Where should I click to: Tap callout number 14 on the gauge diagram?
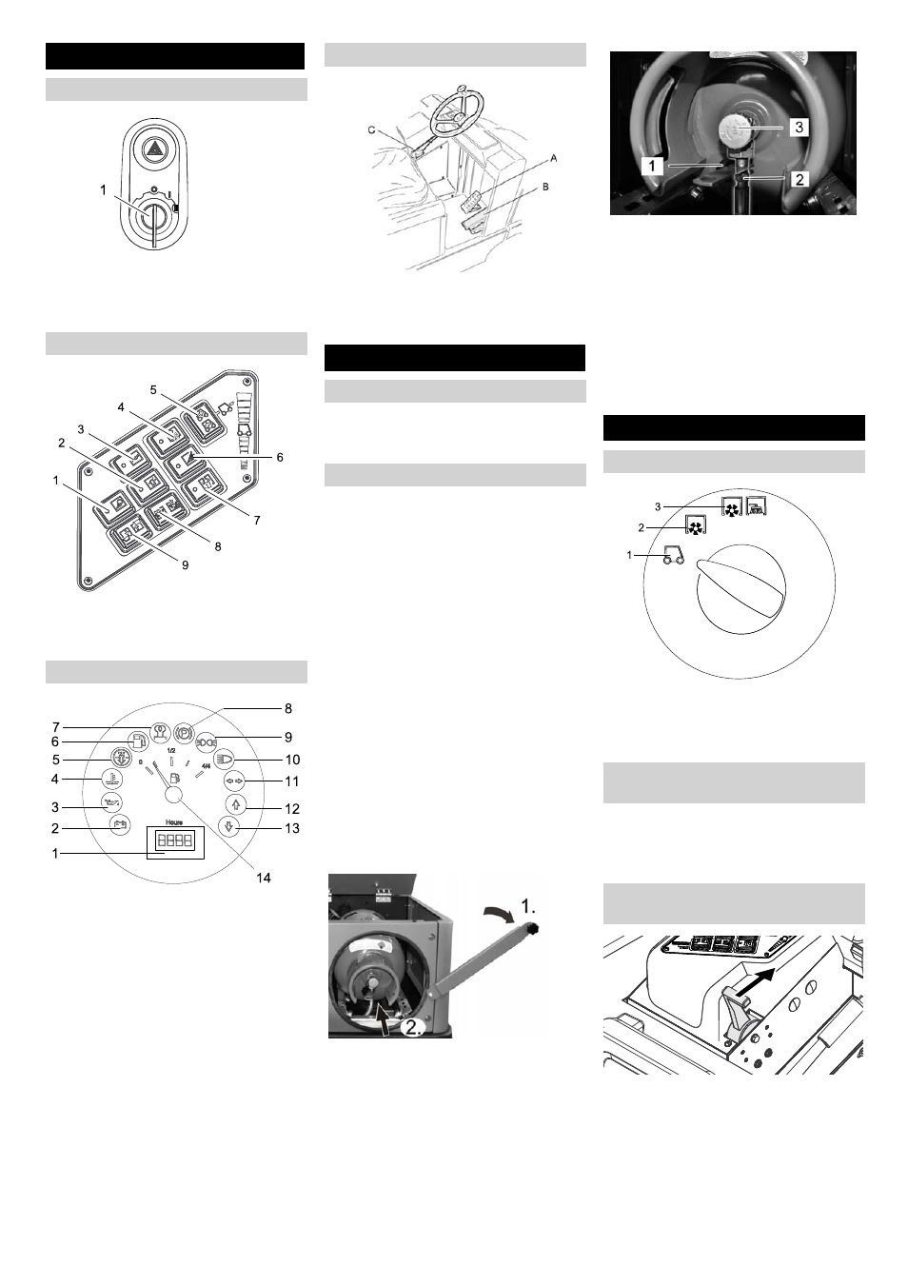click(264, 878)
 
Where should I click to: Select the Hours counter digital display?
click(175, 840)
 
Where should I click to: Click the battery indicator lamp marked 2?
click(119, 824)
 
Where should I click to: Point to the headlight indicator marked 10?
click(226, 759)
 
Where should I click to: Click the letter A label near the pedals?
click(553, 162)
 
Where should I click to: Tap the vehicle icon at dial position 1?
click(672, 555)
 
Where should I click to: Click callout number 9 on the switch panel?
click(185, 564)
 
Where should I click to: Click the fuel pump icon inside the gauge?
click(175, 778)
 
